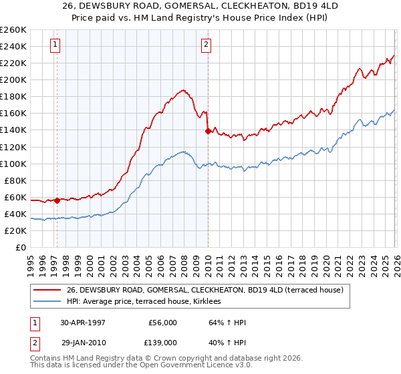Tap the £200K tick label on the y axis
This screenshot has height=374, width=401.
(x=13, y=79)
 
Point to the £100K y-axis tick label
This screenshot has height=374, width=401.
(x=13, y=164)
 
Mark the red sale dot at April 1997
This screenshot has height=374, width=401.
(x=57, y=200)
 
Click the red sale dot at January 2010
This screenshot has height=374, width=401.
(x=208, y=131)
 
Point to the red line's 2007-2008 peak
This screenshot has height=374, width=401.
(x=181, y=89)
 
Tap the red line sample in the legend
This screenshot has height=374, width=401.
(x=48, y=291)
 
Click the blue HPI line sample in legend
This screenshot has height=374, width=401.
(x=48, y=302)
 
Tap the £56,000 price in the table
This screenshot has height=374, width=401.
(x=163, y=321)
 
